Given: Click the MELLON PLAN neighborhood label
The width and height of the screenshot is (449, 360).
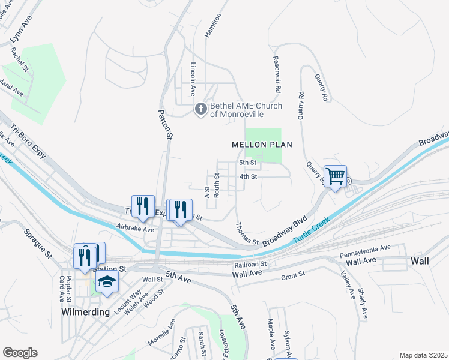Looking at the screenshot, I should tap(262, 145).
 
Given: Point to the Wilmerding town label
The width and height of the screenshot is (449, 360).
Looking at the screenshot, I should tap(86, 313).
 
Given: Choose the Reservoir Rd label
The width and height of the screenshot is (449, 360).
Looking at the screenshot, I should tap(277, 75).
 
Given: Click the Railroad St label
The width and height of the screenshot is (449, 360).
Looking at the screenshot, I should tap(251, 264).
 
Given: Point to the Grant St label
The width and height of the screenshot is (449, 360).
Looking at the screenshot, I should tap(294, 277).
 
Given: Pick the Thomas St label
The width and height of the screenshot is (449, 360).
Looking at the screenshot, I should tap(247, 234).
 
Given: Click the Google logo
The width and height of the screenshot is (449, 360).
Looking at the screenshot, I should tap(20, 353).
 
